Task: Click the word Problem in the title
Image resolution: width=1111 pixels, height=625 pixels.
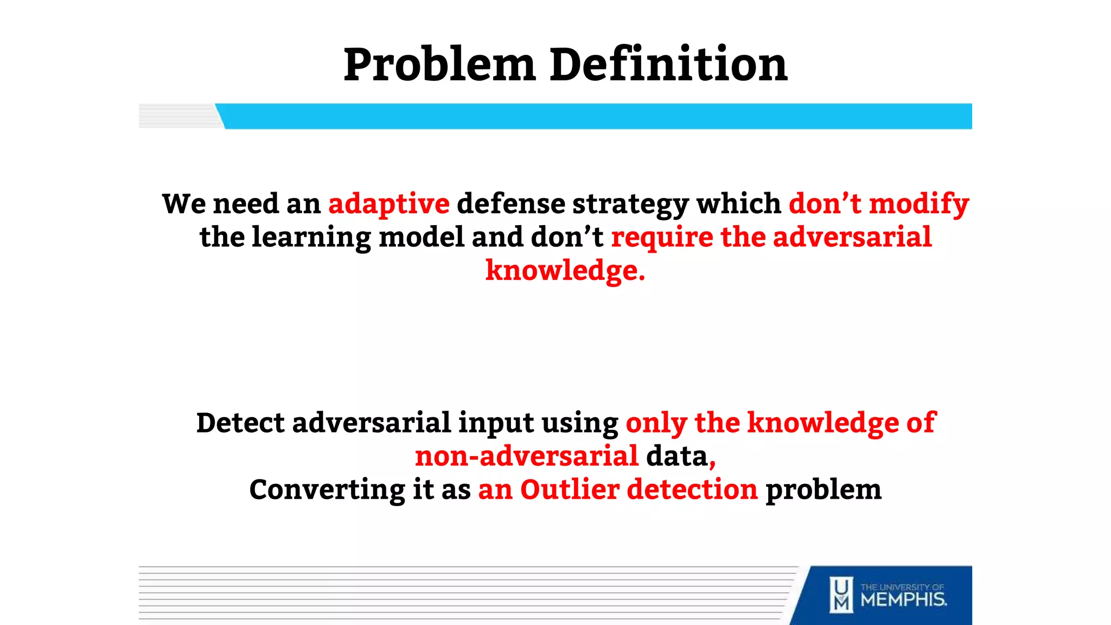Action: pos(440,66)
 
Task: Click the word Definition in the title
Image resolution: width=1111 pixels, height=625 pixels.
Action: pos(668,65)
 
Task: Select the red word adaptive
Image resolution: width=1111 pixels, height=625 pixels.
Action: pos(388,204)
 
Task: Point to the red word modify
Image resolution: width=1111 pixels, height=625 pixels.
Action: pos(918,204)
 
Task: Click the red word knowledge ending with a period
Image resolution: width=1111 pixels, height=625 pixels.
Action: pos(565,271)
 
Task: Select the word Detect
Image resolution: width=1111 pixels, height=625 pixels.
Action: pos(240,423)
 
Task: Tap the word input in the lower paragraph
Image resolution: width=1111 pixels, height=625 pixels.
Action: pos(496,424)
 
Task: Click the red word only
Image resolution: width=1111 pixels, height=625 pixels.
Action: pos(656,424)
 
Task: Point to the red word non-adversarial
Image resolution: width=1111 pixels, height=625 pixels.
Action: pos(526,456)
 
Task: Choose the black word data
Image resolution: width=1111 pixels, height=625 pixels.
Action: pos(676,456)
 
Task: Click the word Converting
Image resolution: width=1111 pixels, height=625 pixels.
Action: pos(327,490)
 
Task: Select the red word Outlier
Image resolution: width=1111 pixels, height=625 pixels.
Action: pos(570,489)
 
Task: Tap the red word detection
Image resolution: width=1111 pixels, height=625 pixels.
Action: pos(692,489)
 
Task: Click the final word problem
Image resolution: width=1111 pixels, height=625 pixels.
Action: pos(823,490)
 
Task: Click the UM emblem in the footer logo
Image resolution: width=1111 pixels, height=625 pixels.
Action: pos(841,595)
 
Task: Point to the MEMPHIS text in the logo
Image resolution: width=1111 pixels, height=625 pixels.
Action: pos(903,600)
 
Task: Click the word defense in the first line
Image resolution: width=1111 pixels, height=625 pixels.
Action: pos(510,204)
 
